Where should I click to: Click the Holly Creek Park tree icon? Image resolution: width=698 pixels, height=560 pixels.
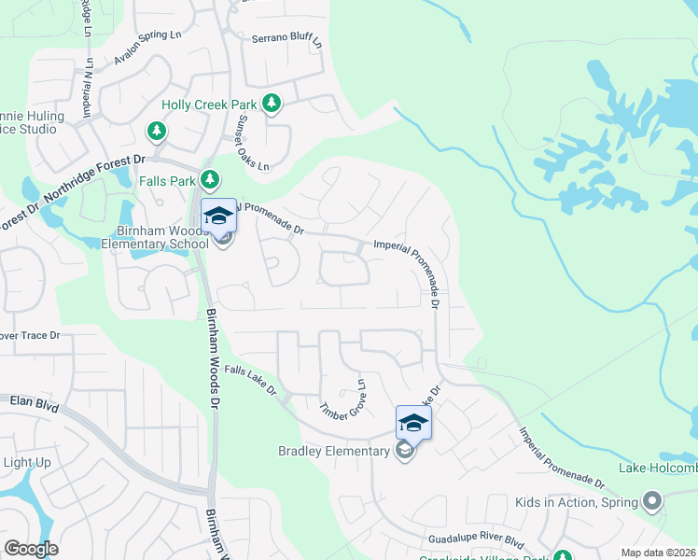pos(271,104)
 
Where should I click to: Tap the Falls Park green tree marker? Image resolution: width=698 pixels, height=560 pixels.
pos(211,178)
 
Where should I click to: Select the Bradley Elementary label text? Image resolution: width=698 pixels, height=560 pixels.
pos(333,452)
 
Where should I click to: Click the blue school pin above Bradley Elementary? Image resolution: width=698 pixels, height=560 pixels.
pos(413,423)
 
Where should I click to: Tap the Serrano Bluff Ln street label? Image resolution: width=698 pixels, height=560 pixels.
pos(286,42)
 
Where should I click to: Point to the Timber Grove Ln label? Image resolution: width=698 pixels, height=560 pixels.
pos(342,405)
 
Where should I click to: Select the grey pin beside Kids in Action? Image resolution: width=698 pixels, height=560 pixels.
pos(652,502)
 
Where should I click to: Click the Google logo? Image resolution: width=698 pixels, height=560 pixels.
pos(31,549)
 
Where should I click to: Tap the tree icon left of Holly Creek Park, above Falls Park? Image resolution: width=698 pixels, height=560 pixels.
pos(158,130)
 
